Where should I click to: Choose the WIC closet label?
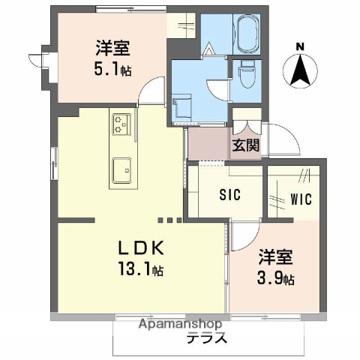coord(303,200)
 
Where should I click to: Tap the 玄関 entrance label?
coord(245,145)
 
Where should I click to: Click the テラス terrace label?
coord(207,338)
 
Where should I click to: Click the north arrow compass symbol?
coord(301,71)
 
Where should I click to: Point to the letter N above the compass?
coord(300,47)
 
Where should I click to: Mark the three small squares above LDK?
coord(169,220)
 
